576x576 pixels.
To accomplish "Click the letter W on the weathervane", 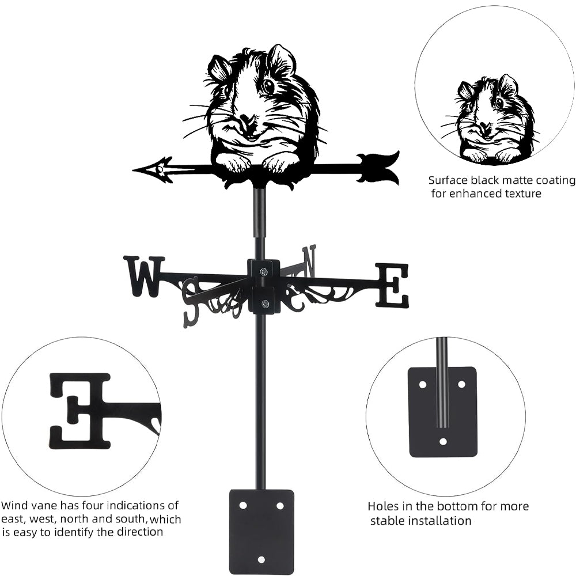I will (x=143, y=276).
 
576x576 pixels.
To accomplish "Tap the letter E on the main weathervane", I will (x=392, y=285).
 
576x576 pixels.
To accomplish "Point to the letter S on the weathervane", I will (x=191, y=300).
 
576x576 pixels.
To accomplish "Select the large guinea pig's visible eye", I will (x=268, y=86).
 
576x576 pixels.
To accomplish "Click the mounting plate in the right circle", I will (x=442, y=412).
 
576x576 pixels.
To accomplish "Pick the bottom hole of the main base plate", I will (x=261, y=559).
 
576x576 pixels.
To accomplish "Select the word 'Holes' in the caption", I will (x=384, y=506).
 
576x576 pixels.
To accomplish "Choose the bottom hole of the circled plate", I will (x=442, y=442).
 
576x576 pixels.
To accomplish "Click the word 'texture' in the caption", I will (x=522, y=194).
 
